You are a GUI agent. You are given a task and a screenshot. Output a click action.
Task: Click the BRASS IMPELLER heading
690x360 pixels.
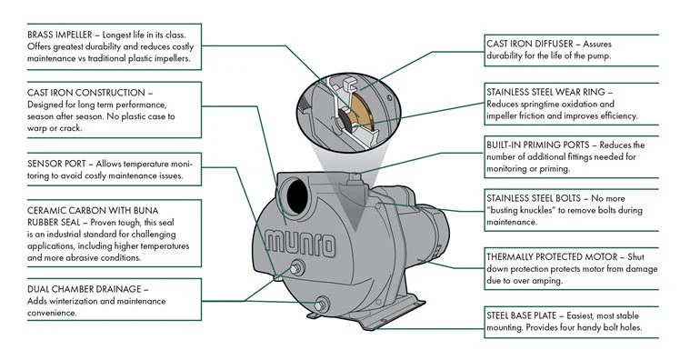[x=60, y=35]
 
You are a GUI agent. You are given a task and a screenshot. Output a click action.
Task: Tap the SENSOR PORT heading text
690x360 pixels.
[x=56, y=164]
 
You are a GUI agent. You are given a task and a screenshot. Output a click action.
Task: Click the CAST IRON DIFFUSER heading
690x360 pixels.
[x=530, y=44]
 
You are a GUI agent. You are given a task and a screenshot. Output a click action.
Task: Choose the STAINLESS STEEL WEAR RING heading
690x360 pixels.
[x=545, y=92]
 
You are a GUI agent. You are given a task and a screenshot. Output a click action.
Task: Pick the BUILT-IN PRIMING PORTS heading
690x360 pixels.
[x=538, y=145]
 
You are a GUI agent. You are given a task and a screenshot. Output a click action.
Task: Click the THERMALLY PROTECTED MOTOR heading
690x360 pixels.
[x=552, y=257]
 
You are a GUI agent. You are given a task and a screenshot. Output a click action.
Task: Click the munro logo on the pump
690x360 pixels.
[x=301, y=244]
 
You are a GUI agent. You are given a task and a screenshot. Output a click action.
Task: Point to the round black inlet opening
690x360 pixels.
[x=297, y=196]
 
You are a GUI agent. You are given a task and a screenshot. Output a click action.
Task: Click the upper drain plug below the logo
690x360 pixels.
[x=296, y=267]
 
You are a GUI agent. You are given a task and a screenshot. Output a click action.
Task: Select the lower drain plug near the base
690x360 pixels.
[x=321, y=305]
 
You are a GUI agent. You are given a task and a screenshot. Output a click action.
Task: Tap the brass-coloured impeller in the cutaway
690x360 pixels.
[x=364, y=111]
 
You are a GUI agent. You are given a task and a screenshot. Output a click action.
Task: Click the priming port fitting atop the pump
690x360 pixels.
[x=355, y=178]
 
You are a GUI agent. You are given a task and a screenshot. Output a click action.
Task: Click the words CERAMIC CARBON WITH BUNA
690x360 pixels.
[x=93, y=211]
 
